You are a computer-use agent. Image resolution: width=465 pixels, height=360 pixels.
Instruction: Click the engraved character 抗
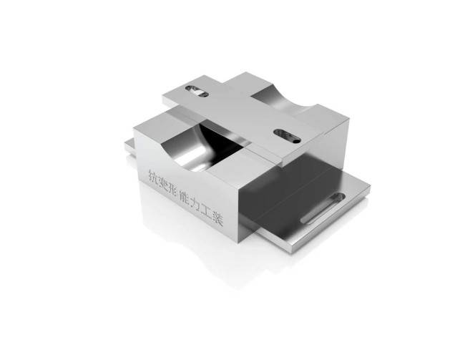pyautogui.click(x=154, y=176)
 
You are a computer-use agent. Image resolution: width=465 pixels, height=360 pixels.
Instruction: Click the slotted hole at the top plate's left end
pyautogui.click(x=197, y=91)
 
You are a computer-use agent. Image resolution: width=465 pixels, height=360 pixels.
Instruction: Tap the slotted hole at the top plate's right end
pyautogui.click(x=287, y=136)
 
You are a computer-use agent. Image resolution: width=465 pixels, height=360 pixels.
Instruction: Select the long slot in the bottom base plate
pyautogui.click(x=323, y=208)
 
